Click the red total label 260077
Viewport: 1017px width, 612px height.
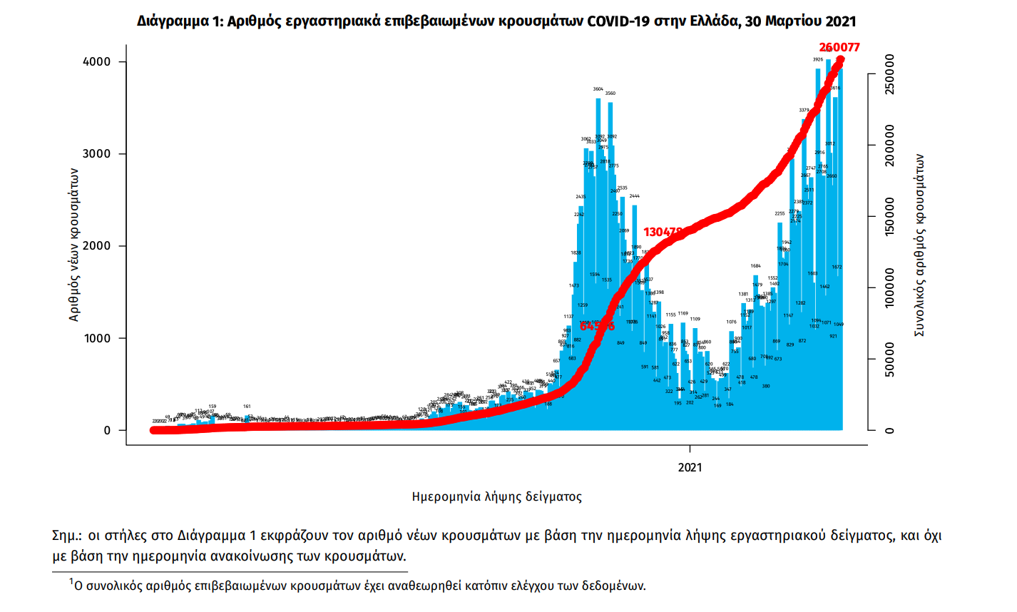[839, 48]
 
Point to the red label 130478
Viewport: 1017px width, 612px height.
[663, 232]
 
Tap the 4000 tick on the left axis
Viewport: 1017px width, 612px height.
[97, 62]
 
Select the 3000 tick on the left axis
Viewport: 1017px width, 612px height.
[97, 154]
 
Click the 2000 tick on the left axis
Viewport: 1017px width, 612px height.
[97, 246]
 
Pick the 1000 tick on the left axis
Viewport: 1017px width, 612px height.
[97, 338]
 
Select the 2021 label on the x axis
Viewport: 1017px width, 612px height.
[690, 468]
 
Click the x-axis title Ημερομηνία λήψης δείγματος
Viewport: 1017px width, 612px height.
[497, 497]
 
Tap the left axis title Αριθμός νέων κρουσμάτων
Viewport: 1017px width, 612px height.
[74, 245]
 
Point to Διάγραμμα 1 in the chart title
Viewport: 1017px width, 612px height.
[178, 21]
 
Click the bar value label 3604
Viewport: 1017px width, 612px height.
[598, 89]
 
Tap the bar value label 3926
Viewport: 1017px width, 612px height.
[818, 60]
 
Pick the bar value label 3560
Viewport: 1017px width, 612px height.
[610, 93]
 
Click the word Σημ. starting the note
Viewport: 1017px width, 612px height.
[66, 536]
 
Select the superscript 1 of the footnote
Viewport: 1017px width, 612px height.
[71, 583]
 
